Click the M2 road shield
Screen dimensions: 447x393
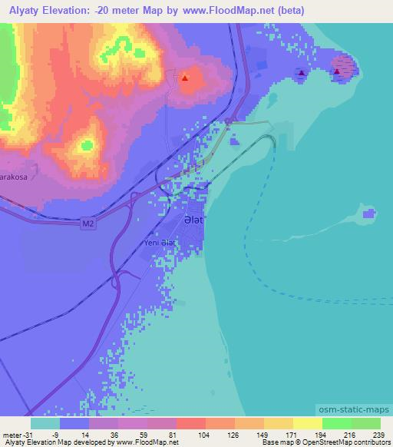(x=90, y=224)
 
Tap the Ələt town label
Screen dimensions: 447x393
(x=193, y=220)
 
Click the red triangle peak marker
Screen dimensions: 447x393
(x=185, y=78)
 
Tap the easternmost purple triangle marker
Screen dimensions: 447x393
(x=337, y=72)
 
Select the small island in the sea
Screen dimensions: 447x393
(x=371, y=214)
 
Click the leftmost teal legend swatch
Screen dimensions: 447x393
(x=45, y=422)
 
